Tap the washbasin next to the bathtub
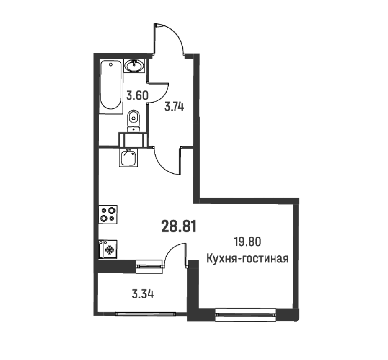[134, 66]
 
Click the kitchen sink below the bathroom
[128, 157]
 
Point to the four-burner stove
[108, 214]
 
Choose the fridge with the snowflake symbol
[108, 249]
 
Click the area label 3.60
[137, 95]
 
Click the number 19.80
[247, 242]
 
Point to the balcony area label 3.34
[142, 294]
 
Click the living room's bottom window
[245, 314]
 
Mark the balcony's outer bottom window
[145, 312]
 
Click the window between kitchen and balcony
[149, 264]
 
